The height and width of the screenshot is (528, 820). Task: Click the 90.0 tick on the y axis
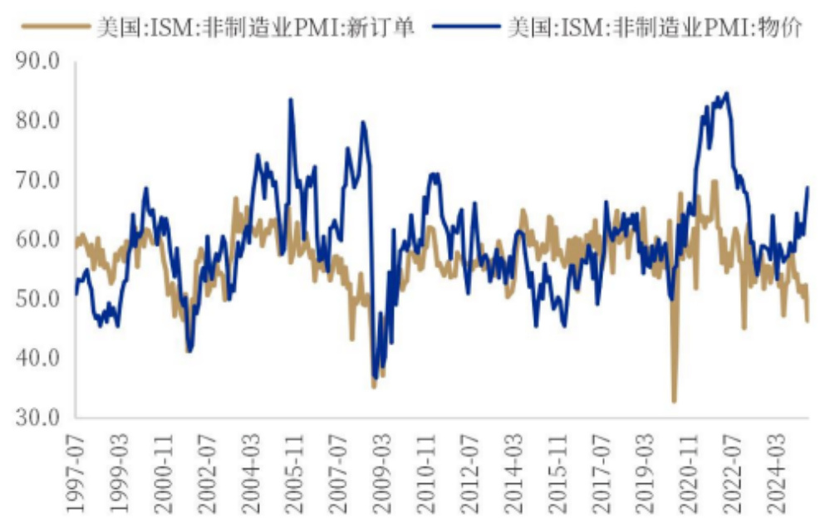[37, 61]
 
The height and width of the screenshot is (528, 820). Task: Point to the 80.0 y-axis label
[37, 121]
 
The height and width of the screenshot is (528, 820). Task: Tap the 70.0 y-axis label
[37, 180]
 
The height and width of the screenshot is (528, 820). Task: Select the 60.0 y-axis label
[37, 240]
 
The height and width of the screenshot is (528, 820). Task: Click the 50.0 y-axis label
[37, 299]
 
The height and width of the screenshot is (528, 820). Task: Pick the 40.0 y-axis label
[37, 359]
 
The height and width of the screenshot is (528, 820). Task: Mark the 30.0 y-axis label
[37, 418]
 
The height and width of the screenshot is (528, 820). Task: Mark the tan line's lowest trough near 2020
[674, 402]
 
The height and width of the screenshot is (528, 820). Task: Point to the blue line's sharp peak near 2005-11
[291, 100]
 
